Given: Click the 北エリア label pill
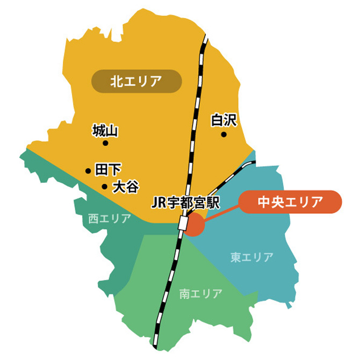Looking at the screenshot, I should pyautogui.click(x=136, y=82).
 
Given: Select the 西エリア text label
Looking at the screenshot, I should pyautogui.click(x=110, y=219).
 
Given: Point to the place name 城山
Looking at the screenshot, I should pyautogui.click(x=105, y=131).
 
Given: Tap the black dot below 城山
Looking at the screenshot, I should pyautogui.click(x=105, y=143).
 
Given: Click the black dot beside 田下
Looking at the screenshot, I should pyautogui.click(x=88, y=171).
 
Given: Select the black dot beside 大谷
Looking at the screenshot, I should pyautogui.click(x=104, y=186).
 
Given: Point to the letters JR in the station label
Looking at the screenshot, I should pyautogui.click(x=160, y=203).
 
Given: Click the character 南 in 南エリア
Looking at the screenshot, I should pyautogui.click(x=185, y=294).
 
